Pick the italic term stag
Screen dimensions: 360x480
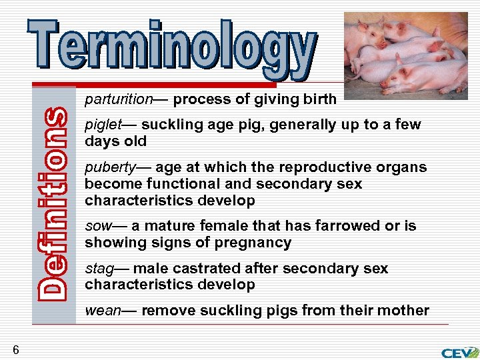coord(99,269)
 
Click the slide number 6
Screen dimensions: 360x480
coord(15,349)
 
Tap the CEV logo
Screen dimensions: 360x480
coord(459,352)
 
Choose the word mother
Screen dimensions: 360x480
coord(404,311)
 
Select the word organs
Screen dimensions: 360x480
coord(402,167)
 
